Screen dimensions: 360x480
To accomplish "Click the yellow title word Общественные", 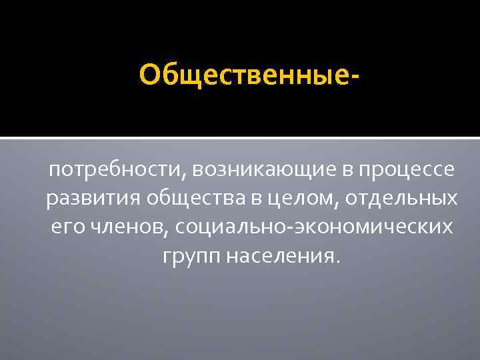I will pyautogui.click(x=246, y=75).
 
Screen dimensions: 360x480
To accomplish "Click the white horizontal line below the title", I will pyautogui.click(x=240, y=138).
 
